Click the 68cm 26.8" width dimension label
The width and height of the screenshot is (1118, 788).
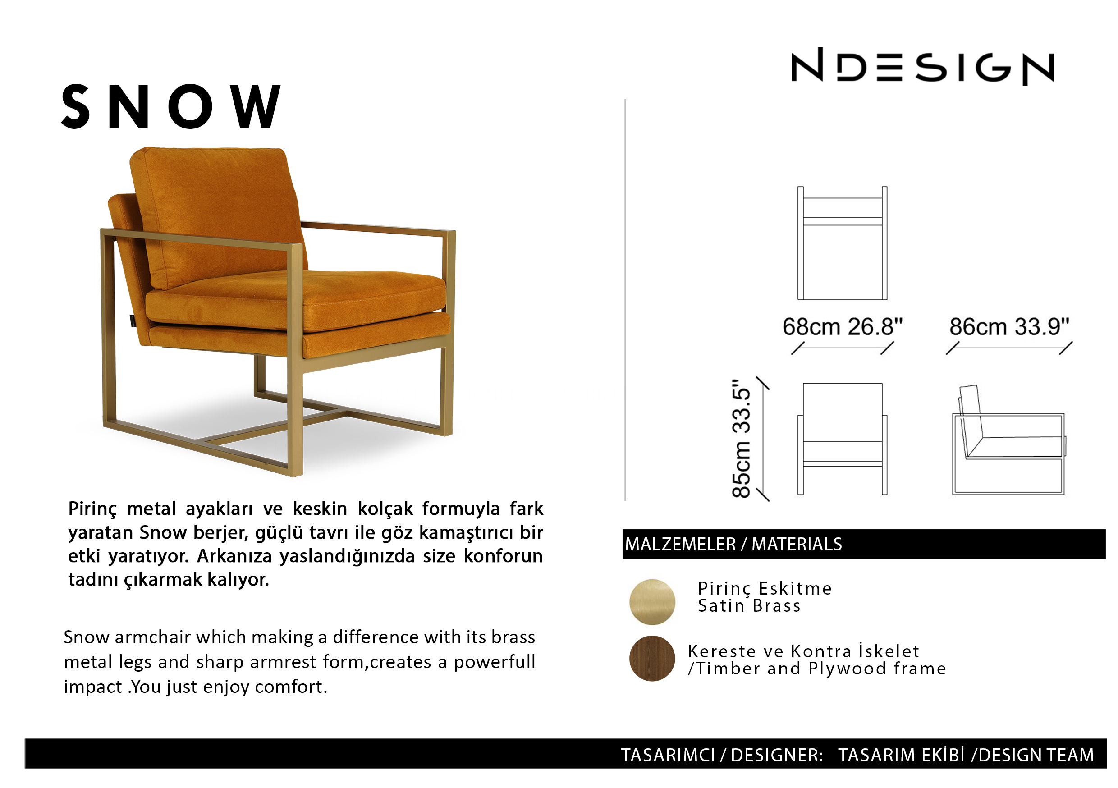pos(843,326)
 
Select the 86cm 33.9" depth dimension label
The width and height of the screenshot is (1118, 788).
pos(1009,326)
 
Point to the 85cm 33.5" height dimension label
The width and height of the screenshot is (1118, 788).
pos(741,438)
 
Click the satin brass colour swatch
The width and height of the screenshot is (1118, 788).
pos(652,602)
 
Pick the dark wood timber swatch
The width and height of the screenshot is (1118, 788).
pos(652,659)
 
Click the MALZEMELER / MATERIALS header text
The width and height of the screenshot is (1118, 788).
pos(733,544)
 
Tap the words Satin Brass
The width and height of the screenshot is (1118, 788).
pos(749,606)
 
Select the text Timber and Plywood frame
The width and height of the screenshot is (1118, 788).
pos(821,669)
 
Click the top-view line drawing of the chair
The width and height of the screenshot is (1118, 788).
pos(843,243)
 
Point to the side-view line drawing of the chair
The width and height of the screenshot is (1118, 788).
pos(1009,440)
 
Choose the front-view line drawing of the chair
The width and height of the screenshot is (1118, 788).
pos(843,439)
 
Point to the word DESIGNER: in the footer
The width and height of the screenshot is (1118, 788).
pos(777,755)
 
